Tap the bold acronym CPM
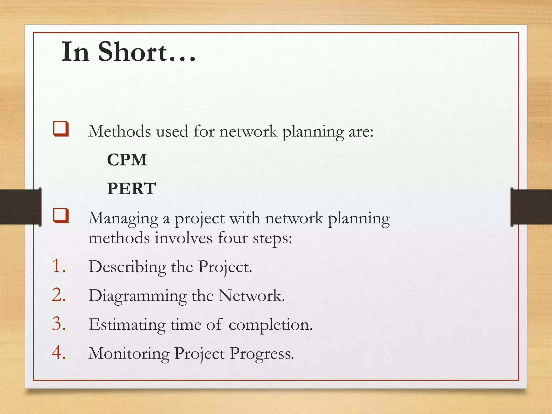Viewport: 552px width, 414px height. click(127, 160)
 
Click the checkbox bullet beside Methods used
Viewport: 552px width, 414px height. click(61, 129)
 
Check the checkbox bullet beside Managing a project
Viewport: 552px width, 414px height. click(61, 216)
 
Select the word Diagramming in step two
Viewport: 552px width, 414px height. click(137, 296)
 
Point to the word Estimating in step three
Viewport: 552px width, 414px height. click(127, 325)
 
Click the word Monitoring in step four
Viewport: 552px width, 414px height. click(129, 353)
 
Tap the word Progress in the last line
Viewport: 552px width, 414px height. click(261, 353)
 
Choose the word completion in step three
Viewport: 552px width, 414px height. click(271, 325)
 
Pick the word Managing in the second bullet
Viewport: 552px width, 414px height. click(123, 218)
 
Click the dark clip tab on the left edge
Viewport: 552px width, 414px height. click(20, 207)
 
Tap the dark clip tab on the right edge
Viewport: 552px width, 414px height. click(531, 207)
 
